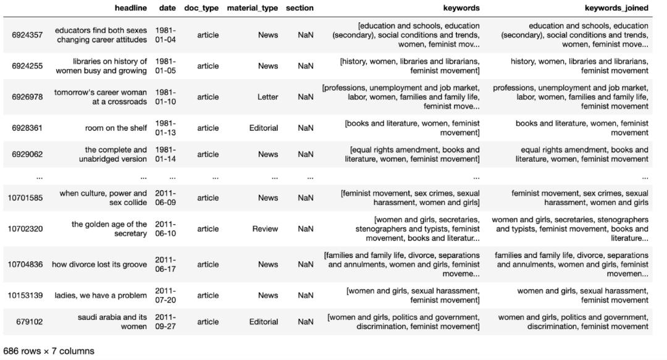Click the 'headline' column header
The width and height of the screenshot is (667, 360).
tap(131, 8)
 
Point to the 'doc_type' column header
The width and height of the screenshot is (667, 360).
tap(201, 8)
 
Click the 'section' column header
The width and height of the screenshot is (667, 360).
tap(300, 8)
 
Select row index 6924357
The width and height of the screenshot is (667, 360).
tap(27, 35)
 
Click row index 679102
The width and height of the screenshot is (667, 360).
tap(30, 322)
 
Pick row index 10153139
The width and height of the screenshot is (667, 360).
tap(25, 295)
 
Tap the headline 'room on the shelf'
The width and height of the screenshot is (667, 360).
tap(116, 128)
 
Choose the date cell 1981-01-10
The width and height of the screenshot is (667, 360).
tap(166, 97)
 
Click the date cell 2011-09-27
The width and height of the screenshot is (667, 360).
tap(166, 322)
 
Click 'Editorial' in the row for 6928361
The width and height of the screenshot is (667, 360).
tap(264, 128)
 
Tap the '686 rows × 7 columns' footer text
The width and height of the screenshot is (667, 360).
tap(49, 351)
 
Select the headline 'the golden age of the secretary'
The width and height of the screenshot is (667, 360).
tap(109, 229)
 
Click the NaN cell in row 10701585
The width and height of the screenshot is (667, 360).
tap(305, 198)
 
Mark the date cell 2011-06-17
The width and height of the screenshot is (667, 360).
tap(166, 264)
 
